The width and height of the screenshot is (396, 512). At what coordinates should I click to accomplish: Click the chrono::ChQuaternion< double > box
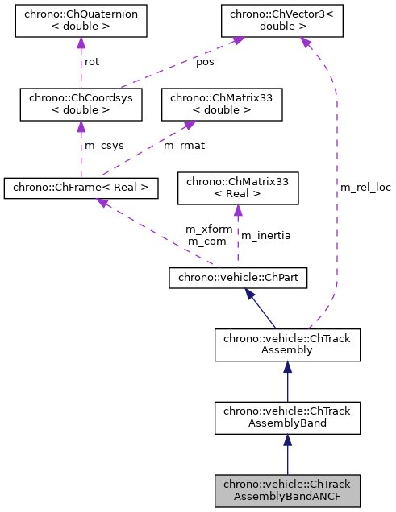81,23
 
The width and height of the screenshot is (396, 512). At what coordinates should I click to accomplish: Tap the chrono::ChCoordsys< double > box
80,104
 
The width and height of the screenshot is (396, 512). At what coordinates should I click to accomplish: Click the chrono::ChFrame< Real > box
81,188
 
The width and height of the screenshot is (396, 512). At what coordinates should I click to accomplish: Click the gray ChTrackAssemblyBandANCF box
287,490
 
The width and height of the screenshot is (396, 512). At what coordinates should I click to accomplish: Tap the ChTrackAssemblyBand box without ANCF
287,416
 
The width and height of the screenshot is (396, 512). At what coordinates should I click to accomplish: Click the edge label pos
206,62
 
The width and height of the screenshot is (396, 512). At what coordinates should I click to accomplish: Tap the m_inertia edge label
265,235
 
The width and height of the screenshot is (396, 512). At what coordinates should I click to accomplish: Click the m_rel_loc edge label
365,188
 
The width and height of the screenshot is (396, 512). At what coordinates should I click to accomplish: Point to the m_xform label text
209,229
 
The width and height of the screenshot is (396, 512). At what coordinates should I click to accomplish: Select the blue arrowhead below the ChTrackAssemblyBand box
287,440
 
